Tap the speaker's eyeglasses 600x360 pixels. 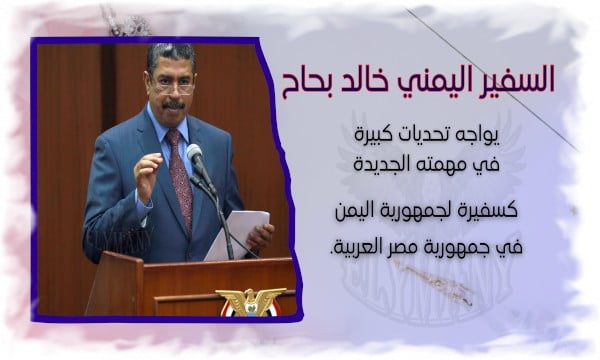click(173, 87)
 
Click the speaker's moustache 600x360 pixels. click(174, 104)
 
